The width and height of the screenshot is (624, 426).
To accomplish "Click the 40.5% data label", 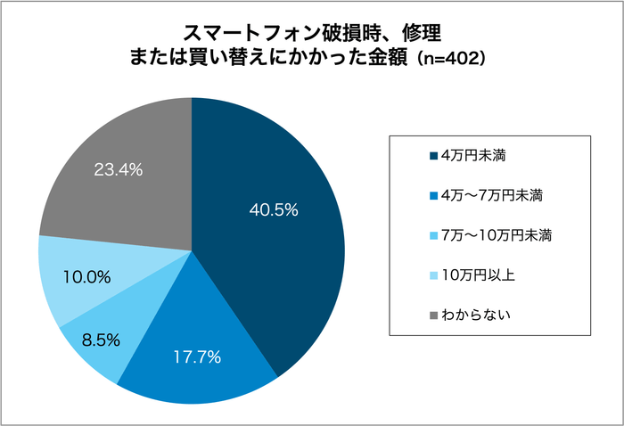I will coord(273,211).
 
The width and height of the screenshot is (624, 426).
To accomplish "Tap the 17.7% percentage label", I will coord(196,357).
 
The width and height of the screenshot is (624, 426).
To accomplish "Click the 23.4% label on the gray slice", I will coord(119,168).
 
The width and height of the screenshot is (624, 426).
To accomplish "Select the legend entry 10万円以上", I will coord(479,275).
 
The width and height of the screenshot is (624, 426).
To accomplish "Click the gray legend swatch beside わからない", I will coord(433,315).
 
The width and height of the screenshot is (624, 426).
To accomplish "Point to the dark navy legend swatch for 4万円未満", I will coord(433,156).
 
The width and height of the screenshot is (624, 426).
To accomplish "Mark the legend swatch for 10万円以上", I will coord(433,275).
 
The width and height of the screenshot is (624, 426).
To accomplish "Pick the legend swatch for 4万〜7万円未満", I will coord(433,195).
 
